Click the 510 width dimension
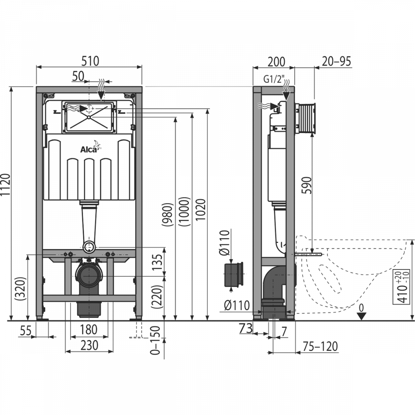click(x=90, y=61)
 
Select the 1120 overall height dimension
click(x=5, y=185)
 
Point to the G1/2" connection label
click(x=274, y=79)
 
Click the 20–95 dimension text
click(x=337, y=61)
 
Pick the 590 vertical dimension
click(x=307, y=185)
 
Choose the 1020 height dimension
click(x=201, y=209)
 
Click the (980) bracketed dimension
click(x=167, y=215)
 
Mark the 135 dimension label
click(x=157, y=262)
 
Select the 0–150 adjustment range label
click(x=155, y=340)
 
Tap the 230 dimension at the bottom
click(x=89, y=345)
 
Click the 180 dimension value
click(x=89, y=330)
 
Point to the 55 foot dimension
click(x=26, y=331)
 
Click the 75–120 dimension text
click(x=320, y=346)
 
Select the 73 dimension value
click(x=246, y=328)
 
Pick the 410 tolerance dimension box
click(x=401, y=287)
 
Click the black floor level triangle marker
click(x=361, y=316)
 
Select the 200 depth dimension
click(x=276, y=62)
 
